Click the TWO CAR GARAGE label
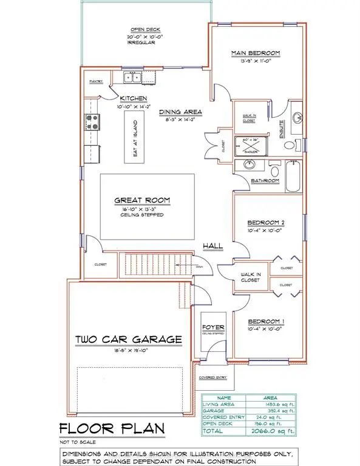tap(128, 339)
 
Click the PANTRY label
tap(96, 81)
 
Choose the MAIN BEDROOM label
tap(255, 53)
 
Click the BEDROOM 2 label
tap(262, 222)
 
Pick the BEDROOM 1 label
tap(262, 321)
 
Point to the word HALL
tap(213, 246)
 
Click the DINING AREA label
tap(180, 112)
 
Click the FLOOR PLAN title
tap(104, 429)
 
